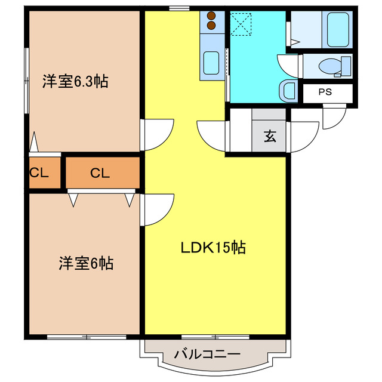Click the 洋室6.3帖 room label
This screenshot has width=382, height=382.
(x=75, y=82)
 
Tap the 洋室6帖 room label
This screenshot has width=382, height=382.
(x=86, y=262)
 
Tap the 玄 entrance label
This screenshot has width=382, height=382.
(x=270, y=136)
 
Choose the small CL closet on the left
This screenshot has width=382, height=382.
(x=39, y=174)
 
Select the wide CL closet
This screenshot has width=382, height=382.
(x=100, y=174)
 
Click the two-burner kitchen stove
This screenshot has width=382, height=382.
(x=212, y=21)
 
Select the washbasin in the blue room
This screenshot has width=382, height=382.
(x=287, y=90)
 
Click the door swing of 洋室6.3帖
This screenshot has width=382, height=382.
(x=158, y=135)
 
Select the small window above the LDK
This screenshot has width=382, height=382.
(x=178, y=8)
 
